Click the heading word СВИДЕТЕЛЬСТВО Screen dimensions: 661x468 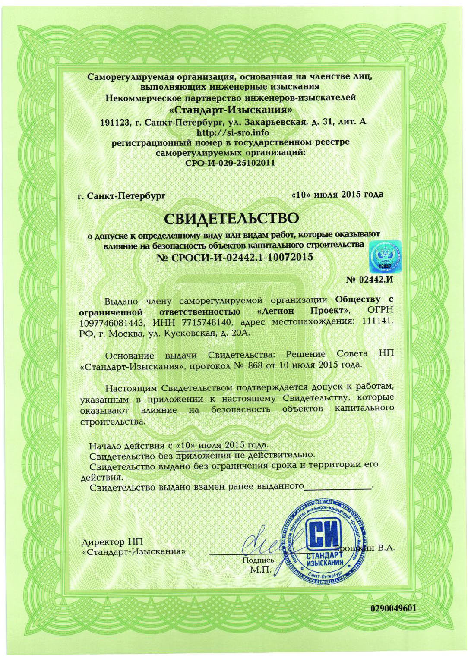(232, 218)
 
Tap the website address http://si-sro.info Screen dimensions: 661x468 (233, 132)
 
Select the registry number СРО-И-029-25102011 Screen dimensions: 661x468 (230, 163)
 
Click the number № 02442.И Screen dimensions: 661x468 (370, 280)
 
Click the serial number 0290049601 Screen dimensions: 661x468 (393, 608)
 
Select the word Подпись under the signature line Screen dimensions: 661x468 (258, 560)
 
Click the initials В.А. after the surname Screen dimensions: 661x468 (386, 548)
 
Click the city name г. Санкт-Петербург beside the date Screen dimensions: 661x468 (121, 196)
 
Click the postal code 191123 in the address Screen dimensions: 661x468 (115, 122)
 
